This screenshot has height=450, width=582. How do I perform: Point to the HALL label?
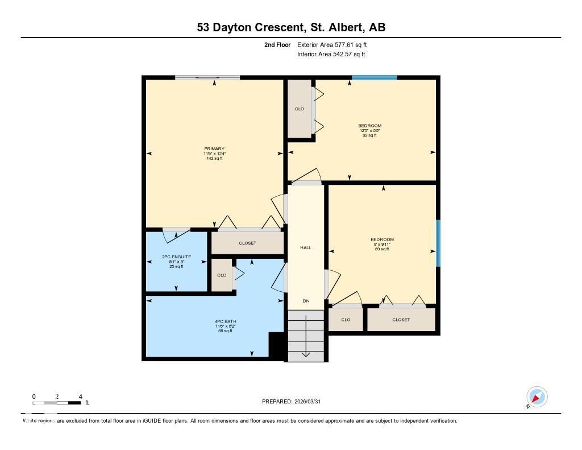coord(306,247)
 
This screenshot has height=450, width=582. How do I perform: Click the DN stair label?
coord(306,301)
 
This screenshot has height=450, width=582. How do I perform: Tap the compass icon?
coord(537,397)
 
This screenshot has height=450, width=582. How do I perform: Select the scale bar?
coord(57,403)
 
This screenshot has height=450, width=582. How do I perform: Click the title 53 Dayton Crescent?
coord(291,27)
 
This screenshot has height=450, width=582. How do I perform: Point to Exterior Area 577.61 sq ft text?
coord(336,44)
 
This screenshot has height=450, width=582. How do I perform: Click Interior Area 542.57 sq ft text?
coord(331,55)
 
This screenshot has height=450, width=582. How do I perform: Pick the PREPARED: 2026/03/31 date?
coord(294,402)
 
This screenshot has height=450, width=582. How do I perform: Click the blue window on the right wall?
coord(438,243)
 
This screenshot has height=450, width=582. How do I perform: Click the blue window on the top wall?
coord(374,77)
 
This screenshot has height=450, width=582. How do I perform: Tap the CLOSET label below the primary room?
coord(247,243)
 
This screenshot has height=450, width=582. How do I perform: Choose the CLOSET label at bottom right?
coord(401,320)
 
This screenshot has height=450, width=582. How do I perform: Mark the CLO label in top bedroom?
coord(299,109)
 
